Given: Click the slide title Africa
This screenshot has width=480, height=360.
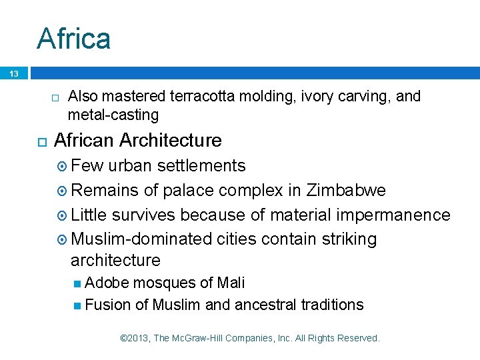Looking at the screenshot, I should point(74,39).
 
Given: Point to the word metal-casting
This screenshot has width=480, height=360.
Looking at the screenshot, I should point(113,115).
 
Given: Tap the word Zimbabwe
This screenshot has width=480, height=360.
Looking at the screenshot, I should point(346,191).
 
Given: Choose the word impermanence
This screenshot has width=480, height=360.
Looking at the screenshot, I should point(394,215).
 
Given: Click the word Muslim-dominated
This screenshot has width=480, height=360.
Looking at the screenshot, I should point(142,239).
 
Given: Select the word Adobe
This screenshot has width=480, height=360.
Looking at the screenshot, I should point(107,283).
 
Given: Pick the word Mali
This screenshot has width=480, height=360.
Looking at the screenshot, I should point(231,283).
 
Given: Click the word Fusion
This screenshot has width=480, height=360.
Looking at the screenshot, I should point(108,305).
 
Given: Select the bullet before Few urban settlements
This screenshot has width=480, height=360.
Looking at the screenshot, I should point(62,166).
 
